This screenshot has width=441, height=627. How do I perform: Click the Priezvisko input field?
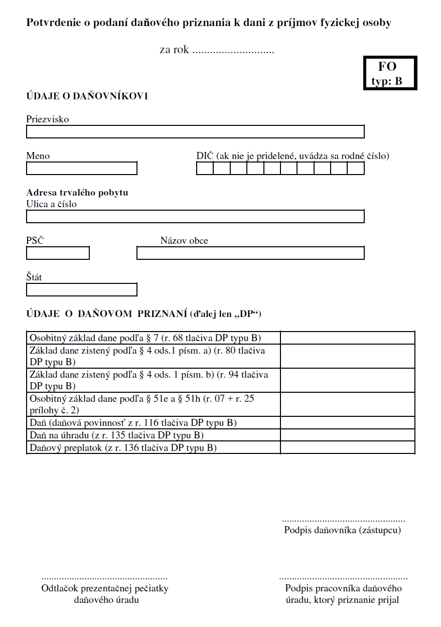(x=195, y=132)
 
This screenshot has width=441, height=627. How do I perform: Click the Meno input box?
(x=81, y=169)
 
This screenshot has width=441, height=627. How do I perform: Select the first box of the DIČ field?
(x=205, y=169)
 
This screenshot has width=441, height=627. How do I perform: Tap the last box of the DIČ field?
(x=356, y=169)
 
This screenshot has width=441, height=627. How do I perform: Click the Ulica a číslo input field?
(x=195, y=217)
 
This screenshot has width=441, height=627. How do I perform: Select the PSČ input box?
(x=58, y=253)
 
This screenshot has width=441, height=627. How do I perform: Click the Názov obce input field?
(x=250, y=253)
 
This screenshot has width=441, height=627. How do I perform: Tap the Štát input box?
(x=81, y=290)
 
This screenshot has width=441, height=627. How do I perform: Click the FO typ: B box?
(x=390, y=73)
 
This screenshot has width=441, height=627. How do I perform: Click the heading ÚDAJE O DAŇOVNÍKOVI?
(x=87, y=96)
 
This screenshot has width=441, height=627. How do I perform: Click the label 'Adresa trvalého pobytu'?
(x=77, y=193)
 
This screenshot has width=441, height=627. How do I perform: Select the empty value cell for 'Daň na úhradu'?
(x=347, y=435)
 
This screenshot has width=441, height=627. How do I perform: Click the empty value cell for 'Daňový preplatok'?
(x=347, y=447)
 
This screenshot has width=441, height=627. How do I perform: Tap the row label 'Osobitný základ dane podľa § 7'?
(x=145, y=338)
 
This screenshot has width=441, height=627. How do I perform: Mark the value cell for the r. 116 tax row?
(x=347, y=423)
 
